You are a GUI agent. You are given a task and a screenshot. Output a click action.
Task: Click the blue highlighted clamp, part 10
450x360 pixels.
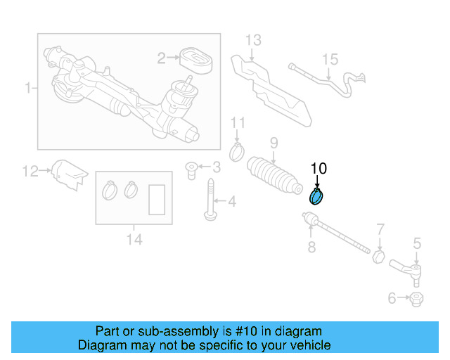(x=317, y=196)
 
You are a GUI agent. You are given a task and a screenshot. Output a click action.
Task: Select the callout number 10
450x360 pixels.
(x=319, y=168)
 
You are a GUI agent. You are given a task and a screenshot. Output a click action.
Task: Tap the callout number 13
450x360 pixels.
(x=252, y=39)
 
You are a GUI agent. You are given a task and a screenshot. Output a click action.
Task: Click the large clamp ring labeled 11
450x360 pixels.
(x=238, y=151)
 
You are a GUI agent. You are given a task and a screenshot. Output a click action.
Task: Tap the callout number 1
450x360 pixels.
(x=28, y=88)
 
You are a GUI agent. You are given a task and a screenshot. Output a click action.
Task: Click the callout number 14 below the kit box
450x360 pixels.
(x=134, y=240)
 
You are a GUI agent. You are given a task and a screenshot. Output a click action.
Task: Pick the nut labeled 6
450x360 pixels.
(x=416, y=299)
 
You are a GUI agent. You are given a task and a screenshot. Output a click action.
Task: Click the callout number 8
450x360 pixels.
(x=311, y=247)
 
